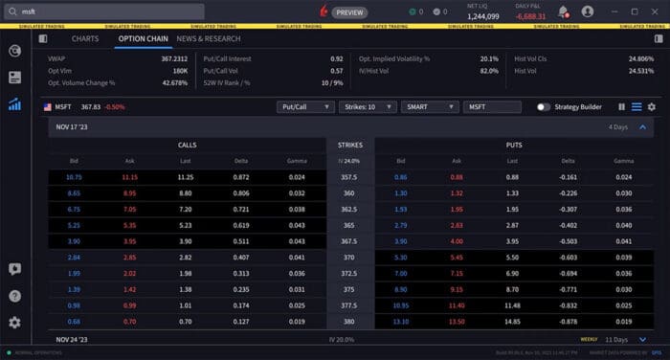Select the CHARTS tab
(85, 39)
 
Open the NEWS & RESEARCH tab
(208, 39)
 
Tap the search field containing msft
(105, 11)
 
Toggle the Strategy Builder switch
(544, 106)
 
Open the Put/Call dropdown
(304, 106)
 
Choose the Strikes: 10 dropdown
(367, 106)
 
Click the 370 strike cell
(348, 258)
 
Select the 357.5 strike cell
(348, 177)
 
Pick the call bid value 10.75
(75, 177)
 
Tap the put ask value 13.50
(457, 321)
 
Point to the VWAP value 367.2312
(173, 59)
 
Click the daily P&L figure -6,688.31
(529, 16)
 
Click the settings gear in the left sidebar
(14, 323)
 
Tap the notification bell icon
(563, 12)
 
